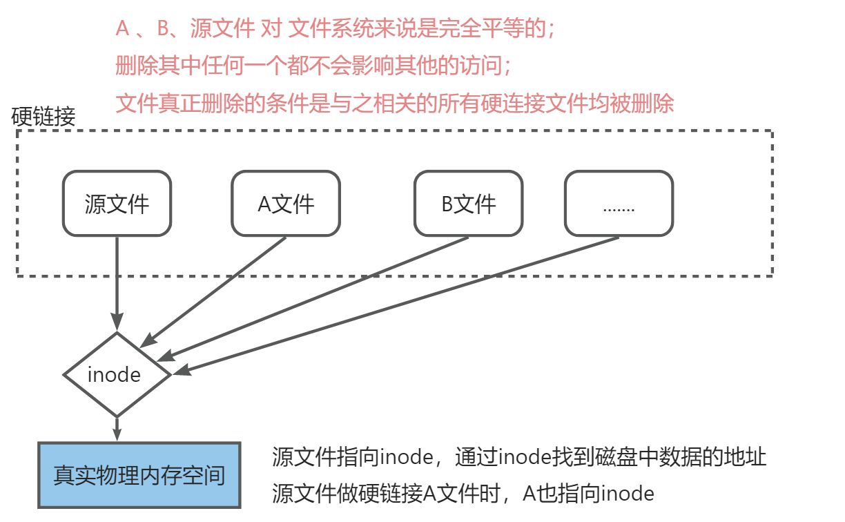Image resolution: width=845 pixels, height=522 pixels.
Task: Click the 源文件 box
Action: click(117, 204)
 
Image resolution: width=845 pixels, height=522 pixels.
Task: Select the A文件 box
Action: click(285, 204)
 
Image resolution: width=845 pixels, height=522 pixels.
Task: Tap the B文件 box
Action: click(468, 204)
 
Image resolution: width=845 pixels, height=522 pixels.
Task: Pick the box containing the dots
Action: click(619, 204)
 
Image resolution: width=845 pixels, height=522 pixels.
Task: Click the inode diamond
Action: click(116, 375)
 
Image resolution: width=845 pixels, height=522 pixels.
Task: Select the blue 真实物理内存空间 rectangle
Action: click(139, 475)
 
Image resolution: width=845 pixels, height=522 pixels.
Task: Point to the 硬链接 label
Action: click(43, 116)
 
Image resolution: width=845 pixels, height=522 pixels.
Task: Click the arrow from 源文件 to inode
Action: click(117, 283)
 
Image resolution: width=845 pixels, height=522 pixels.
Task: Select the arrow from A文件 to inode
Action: click(217, 290)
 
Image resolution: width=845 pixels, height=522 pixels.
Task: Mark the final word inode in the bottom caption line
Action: click(627, 494)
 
